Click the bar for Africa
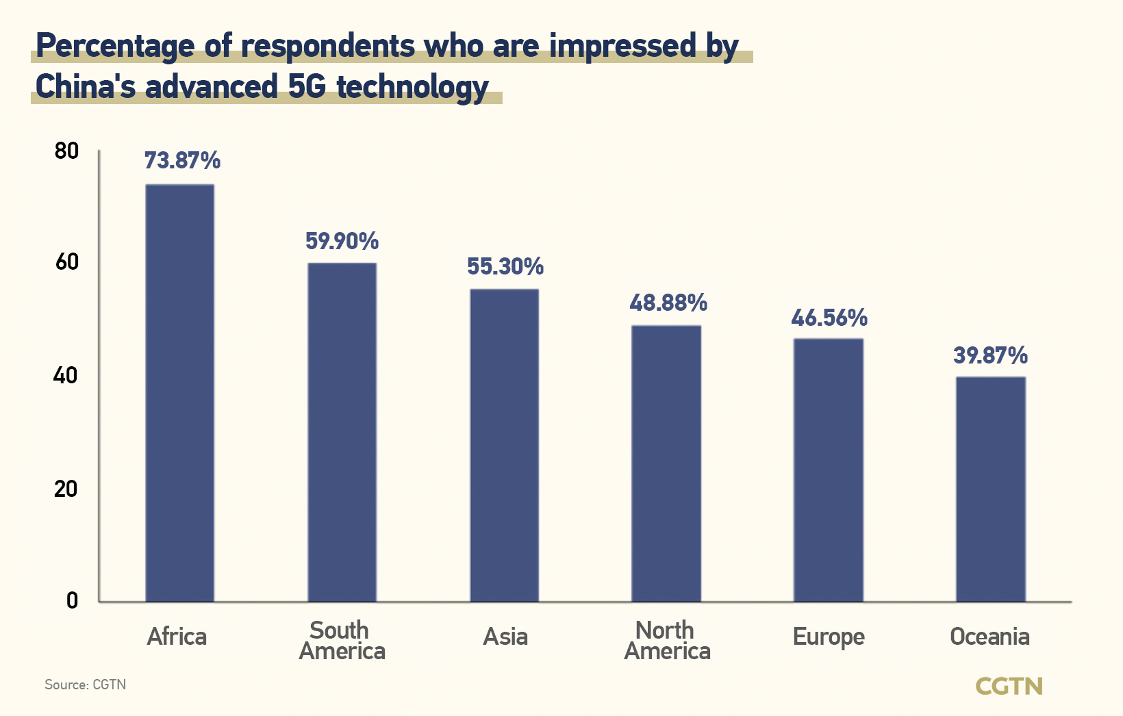[179, 393]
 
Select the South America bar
[342, 432]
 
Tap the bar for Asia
[504, 445]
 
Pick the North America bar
[666, 463]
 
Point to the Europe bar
[829, 470]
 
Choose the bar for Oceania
[991, 489]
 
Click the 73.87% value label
[182, 161]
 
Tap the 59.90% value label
[342, 241]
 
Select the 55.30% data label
[505, 266]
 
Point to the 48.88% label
[668, 303]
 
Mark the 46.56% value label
[829, 318]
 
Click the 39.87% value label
[991, 355]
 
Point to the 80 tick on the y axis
[66, 151]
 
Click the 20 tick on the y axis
[66, 489]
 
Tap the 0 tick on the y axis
[72, 601]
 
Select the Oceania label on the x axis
[989, 637]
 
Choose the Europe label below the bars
[829, 637]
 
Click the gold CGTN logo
[1009, 686]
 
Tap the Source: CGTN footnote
[86, 685]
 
